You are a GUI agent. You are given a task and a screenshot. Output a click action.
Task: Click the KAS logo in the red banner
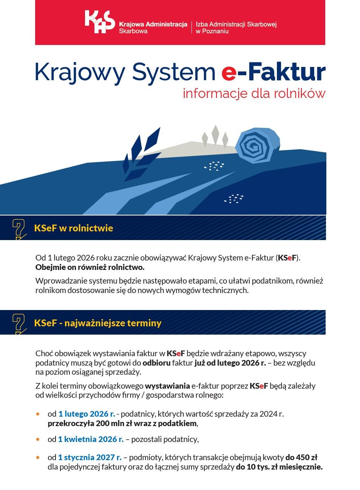click(x=99, y=22)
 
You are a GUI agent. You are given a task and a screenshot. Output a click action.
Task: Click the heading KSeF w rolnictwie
click(x=73, y=228)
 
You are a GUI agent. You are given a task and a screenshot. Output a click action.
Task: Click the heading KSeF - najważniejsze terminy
click(x=97, y=323)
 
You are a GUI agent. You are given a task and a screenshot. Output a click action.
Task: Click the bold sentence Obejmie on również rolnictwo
click(x=90, y=267)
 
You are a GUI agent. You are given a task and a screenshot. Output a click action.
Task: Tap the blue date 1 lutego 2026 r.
click(x=87, y=414)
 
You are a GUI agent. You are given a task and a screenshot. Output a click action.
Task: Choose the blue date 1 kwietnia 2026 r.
click(x=91, y=439)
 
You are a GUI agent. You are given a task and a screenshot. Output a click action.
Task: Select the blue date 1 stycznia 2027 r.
click(x=90, y=457)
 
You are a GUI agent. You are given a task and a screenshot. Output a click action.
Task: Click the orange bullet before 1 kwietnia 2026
click(x=37, y=439)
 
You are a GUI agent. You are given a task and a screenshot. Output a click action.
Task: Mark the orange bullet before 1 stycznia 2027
click(x=37, y=457)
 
